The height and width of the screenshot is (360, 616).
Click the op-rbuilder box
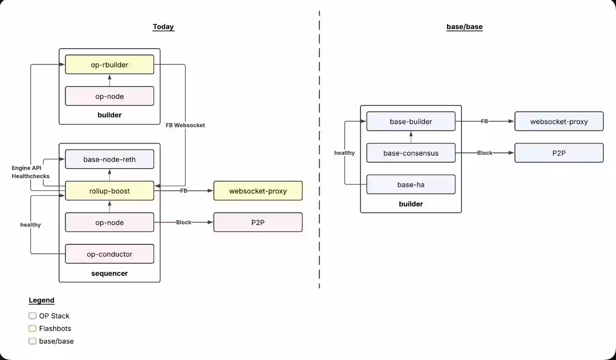pos(110,65)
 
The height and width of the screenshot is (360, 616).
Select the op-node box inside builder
pos(110,96)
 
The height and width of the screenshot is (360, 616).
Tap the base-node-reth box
pos(110,159)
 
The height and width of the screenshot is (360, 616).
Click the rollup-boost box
pos(110,191)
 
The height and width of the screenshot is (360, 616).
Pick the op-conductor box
pos(110,254)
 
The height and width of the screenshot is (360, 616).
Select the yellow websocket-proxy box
pos(258,191)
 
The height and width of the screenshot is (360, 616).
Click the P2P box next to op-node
pos(258,222)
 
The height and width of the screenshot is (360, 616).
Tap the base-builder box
pos(411,122)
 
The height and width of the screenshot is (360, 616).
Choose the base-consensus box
pos(411,153)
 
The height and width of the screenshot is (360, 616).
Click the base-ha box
pos(411,185)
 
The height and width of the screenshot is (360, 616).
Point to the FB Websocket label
pos(185,125)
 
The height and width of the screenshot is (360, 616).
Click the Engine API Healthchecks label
pos(30,172)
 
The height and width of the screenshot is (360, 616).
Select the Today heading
pos(163,27)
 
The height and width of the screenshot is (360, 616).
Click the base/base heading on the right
pos(464,27)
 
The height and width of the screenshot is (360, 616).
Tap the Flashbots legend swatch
pos(32,328)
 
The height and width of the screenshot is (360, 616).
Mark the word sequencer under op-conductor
pos(110,274)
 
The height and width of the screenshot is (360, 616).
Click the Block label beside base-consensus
pos(485,153)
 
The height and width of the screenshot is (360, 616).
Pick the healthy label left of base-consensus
pos(344,153)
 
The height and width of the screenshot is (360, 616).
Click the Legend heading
pos(42,300)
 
